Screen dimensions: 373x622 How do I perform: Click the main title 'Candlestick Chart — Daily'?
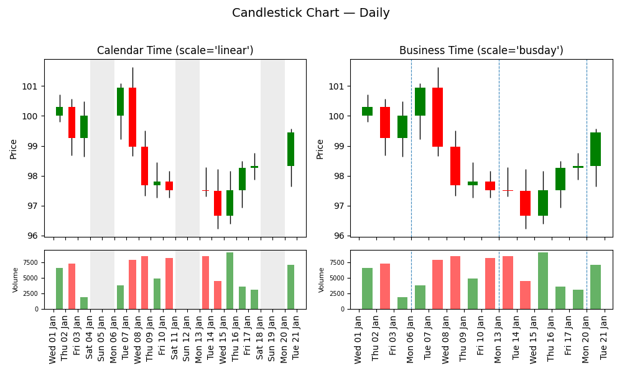pyautogui.click(x=310, y=13)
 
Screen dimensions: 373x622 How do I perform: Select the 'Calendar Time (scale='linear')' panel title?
pyautogui.click(x=175, y=50)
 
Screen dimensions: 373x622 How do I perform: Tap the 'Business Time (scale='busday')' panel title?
pyautogui.click(x=481, y=50)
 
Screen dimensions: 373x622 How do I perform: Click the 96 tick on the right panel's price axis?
pyautogui.click(x=340, y=236)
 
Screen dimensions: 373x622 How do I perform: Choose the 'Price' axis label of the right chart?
pyautogui.click(x=320, y=149)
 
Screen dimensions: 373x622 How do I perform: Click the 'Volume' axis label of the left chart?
pyautogui.click(x=16, y=280)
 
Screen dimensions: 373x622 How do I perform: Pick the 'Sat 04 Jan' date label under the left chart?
pyautogui.click(x=90, y=339)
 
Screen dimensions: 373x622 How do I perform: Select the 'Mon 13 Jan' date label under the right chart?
pyautogui.click(x=499, y=339)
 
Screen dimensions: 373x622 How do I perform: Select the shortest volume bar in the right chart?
pyautogui.click(x=402, y=303)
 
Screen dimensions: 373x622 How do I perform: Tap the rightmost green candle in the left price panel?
pyautogui.click(x=290, y=149)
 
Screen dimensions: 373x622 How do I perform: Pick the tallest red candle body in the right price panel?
pyautogui.click(x=437, y=117)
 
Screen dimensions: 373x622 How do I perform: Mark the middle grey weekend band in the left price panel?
pyautogui.click(x=187, y=148)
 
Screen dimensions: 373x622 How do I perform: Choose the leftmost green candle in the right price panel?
pyautogui.click(x=367, y=111)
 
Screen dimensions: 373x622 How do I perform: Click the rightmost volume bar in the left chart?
pyautogui.click(x=290, y=287)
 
